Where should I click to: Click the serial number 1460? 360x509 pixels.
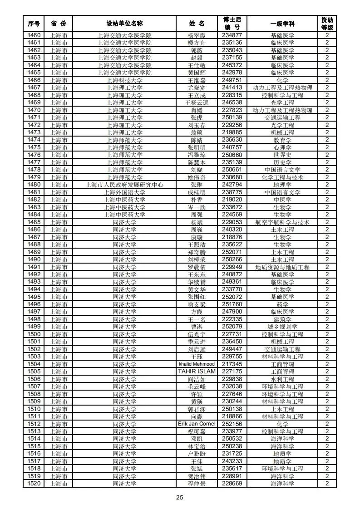[34, 35]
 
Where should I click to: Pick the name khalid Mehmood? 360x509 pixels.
[197, 364]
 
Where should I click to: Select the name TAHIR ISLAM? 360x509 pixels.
[197, 372]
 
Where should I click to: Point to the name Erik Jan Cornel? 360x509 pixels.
[197, 424]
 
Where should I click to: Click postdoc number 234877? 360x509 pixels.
[232, 35]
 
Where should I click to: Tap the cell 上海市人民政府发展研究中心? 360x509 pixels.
[124, 185]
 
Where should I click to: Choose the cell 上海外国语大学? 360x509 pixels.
[124, 192]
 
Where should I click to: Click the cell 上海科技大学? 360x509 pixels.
[124, 80]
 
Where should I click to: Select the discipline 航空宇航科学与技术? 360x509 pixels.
[282, 222]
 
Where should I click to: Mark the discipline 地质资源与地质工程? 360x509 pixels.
[282, 267]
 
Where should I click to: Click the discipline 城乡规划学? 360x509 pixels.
[282, 327]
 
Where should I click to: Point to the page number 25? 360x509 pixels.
[180, 498]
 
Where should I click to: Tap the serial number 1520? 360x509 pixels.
[34, 484]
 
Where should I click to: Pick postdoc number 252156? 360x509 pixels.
[232, 424]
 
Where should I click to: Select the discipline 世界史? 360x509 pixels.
[282, 155]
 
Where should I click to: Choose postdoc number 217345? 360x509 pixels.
[232, 364]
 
